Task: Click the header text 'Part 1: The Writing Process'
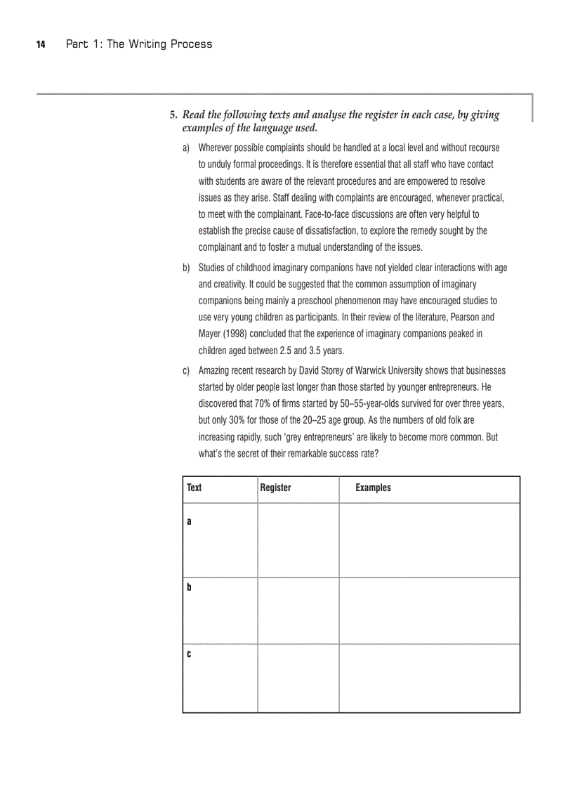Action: pos(138,44)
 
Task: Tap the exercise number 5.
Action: pos(172,115)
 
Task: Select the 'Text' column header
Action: pos(195,488)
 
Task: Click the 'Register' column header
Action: pos(275,488)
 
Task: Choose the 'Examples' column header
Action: pos(373,488)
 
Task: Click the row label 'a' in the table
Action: pos(189,522)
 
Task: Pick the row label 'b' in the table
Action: pos(189,587)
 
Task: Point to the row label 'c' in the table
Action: pos(189,654)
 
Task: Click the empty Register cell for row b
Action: pos(298,611)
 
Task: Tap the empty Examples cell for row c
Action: pos(429,677)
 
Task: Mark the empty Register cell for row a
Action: pos(298,540)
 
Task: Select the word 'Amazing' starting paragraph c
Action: pos(215,370)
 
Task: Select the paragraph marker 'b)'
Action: pos(187,268)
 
